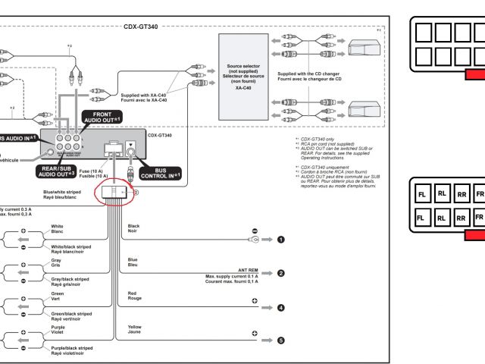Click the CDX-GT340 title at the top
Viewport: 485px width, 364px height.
141,25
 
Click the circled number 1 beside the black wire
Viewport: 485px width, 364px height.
280,240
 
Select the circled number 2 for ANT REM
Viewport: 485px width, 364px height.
280,273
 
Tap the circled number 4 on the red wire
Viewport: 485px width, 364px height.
280,308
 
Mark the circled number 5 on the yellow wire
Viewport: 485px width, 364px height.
280,340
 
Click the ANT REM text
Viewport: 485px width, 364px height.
247,269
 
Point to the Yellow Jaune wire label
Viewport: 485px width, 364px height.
135,328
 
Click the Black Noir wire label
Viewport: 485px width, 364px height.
133,228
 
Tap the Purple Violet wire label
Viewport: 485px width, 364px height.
58,330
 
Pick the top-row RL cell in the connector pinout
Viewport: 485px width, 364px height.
442,195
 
